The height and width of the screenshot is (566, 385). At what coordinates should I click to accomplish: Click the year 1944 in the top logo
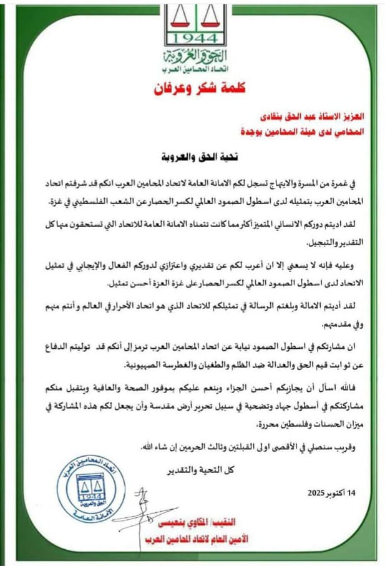point(193,37)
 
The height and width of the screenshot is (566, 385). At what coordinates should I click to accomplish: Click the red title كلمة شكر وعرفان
point(193,86)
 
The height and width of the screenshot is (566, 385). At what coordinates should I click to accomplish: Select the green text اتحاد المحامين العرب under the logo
point(193,66)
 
